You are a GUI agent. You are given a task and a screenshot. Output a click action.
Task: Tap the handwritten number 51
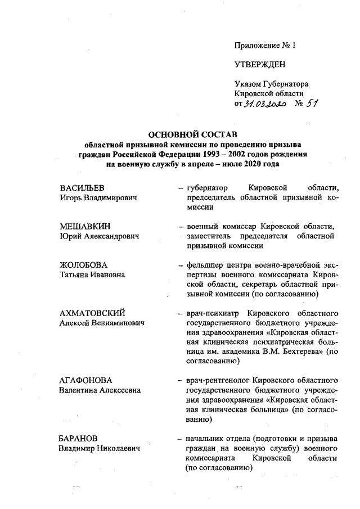pyautogui.click(x=313, y=104)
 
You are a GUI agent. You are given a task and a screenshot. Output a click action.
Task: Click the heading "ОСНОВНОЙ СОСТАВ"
pyautogui.click(x=192, y=135)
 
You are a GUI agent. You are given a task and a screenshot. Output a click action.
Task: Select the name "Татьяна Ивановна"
pyautogui.click(x=92, y=275)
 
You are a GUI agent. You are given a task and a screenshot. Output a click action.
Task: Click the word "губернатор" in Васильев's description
pyautogui.click(x=206, y=187)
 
